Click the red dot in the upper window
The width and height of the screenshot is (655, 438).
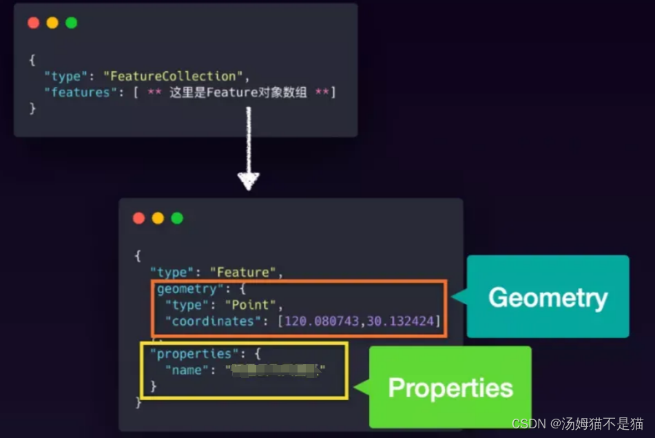pyautogui.click(x=33, y=23)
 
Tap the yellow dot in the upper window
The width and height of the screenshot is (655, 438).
pyautogui.click(x=52, y=23)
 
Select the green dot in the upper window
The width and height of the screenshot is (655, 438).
pyautogui.click(x=72, y=23)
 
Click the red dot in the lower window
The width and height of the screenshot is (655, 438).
pyautogui.click(x=138, y=218)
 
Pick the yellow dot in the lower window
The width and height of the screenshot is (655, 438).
pyautogui.click(x=158, y=218)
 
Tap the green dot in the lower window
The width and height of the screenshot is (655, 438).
pyautogui.click(x=177, y=218)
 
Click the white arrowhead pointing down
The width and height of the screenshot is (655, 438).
pyautogui.click(x=248, y=181)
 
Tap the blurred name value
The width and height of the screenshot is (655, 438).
pyautogui.click(x=275, y=371)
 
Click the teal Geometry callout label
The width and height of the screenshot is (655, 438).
pyautogui.click(x=548, y=297)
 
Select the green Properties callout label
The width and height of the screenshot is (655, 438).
pyautogui.click(x=450, y=387)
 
